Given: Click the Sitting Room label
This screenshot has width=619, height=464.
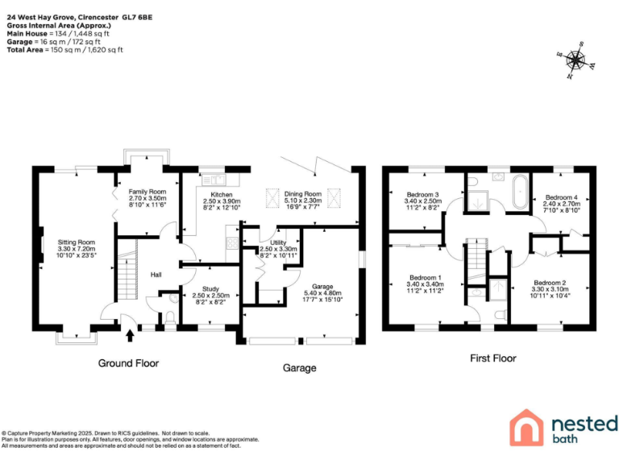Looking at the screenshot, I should click(x=76, y=242).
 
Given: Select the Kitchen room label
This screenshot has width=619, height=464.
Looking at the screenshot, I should click(x=221, y=195).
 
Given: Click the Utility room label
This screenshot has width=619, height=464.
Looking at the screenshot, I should click(x=279, y=242).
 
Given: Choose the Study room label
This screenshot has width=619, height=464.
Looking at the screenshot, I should click(x=210, y=288).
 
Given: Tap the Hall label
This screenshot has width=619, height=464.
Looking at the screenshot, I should click(x=156, y=275).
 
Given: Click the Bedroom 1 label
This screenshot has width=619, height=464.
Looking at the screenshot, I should click(x=423, y=276).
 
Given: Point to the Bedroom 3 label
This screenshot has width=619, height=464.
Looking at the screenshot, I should click(x=422, y=195).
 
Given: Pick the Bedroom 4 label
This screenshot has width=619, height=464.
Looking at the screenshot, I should click(x=561, y=197).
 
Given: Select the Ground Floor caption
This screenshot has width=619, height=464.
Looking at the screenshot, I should click(x=128, y=363).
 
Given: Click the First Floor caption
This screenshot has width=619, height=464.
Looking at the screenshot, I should click(x=492, y=358).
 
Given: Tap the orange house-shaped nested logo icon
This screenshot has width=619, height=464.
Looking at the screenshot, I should click(x=527, y=426).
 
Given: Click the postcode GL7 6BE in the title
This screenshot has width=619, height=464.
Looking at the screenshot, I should click(x=137, y=17).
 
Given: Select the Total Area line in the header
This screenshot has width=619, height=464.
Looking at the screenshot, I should click(x=64, y=49).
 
